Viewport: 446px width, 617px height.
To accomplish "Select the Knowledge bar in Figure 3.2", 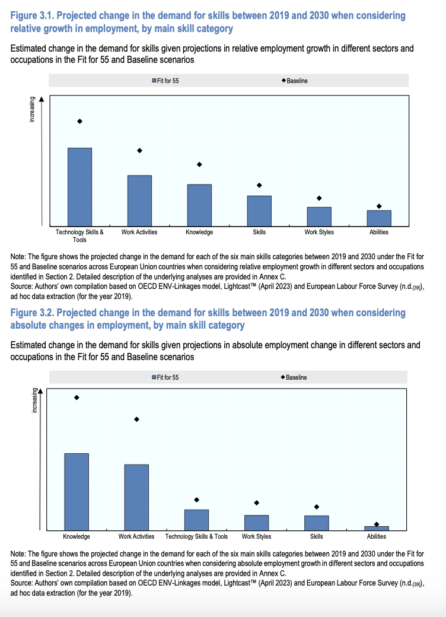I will pos(77,491).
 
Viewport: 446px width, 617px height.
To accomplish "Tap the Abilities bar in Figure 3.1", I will pos(379,218).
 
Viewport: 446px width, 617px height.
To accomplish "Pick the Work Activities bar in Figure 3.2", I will pos(136,497).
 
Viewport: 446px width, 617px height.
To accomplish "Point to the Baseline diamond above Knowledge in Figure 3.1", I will pos(199,164).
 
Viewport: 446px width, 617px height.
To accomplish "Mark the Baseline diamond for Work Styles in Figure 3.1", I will pos(319,198).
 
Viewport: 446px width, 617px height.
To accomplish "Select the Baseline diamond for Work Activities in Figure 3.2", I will pos(136,419).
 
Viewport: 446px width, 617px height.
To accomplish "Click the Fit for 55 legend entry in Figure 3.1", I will pos(166,81).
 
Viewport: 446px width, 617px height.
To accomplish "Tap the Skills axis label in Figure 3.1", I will pos(259,232).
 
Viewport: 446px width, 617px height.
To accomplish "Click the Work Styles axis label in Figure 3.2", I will pos(256,536).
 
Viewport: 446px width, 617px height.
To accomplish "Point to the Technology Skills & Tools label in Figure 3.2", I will pos(196,536).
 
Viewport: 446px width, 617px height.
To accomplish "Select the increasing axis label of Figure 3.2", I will pos(34,401).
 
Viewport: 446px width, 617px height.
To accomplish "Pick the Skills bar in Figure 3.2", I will pos(316,522).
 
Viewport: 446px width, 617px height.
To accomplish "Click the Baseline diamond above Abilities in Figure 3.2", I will pos(377,524).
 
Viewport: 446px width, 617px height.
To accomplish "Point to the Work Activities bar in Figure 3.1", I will pos(139,201).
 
